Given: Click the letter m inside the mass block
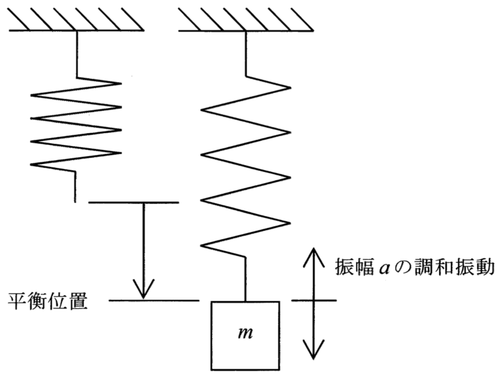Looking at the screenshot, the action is [x=246, y=333].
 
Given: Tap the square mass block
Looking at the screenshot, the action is [x=245, y=336].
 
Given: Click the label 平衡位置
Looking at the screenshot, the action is [x=48, y=301].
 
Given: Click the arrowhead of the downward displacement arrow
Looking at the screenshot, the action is [x=143, y=289].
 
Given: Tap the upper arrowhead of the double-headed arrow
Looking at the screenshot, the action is [x=314, y=258].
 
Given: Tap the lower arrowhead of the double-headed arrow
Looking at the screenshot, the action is [x=314, y=350].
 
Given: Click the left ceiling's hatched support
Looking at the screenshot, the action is [x=76, y=20].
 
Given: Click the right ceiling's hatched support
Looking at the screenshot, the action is [x=246, y=20].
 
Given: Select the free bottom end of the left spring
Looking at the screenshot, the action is [x=75, y=201].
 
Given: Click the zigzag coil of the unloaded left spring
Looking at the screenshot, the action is [x=76, y=125].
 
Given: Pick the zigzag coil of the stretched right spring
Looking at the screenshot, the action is [x=246, y=166].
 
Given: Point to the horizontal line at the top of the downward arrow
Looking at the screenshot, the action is [x=133, y=203].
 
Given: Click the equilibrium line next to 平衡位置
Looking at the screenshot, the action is [x=154, y=300].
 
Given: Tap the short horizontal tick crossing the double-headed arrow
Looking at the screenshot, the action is [x=314, y=300].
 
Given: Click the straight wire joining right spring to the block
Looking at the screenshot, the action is [x=246, y=278].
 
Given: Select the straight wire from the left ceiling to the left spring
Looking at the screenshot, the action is [x=77, y=54].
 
